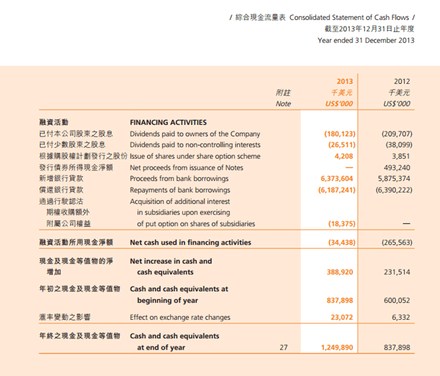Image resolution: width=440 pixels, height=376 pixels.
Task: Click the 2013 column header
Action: pos(345,81)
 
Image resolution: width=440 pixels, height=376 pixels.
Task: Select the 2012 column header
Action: pos(402,81)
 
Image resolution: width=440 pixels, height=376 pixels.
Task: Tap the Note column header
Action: pos(283,104)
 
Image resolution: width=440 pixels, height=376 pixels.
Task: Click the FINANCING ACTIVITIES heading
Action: pos(168,122)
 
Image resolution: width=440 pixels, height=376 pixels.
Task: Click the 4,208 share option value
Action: pos(344,156)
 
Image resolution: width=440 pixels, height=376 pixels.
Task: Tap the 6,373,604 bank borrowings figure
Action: pos(337,179)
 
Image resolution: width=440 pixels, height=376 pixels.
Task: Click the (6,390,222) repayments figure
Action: pos(394,190)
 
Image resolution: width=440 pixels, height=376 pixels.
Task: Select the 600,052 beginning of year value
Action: pos(397,300)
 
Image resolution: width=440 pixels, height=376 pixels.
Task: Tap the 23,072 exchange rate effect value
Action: pos(342,318)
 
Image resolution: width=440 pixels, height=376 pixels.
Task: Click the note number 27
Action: pos(284,347)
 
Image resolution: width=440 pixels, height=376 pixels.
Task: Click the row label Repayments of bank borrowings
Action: pos(180,190)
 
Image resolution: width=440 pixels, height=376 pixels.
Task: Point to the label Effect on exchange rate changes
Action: pos(180,318)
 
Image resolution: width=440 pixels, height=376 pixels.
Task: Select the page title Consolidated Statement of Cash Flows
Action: pos(349,18)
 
